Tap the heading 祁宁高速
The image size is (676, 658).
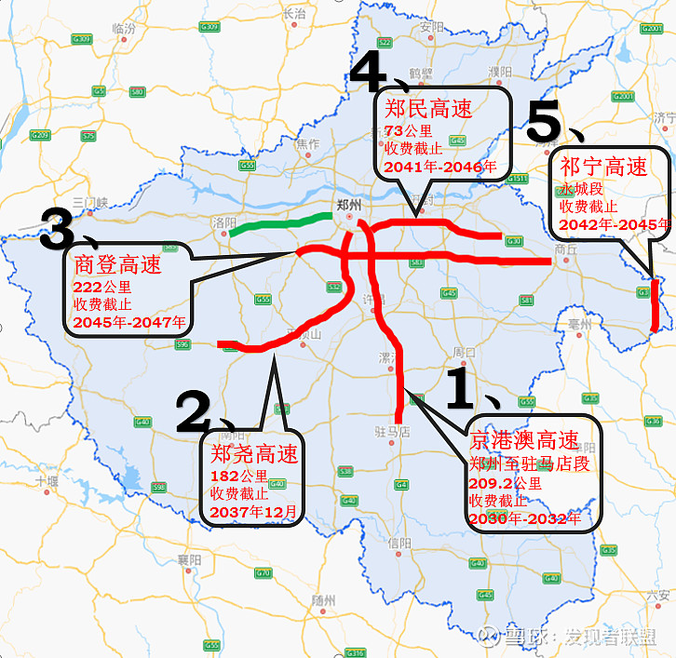coord(603,167)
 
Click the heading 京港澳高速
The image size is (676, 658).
coord(523,441)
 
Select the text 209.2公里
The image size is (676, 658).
coord(505,483)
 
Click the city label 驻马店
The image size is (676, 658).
coord(393,431)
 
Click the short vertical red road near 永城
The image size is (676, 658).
coord(655,304)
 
